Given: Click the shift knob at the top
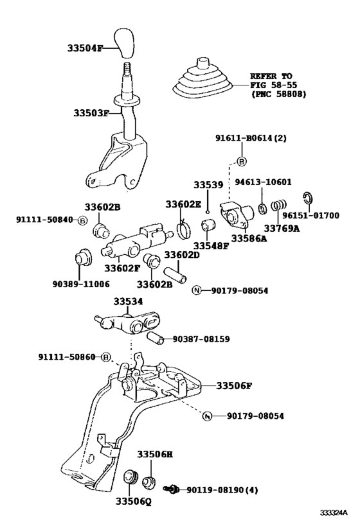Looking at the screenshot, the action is [124, 44].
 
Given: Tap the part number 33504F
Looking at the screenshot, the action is [85, 48].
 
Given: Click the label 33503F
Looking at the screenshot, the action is [91, 113].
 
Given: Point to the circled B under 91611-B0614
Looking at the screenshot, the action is [242, 161].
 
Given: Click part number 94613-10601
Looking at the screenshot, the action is [263, 182].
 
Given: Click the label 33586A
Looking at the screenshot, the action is [249, 238].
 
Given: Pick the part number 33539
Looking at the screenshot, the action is [208, 185].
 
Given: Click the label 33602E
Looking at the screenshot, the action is [183, 204].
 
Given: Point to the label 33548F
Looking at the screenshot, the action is [211, 246].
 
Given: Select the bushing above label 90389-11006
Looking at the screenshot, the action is [82, 258].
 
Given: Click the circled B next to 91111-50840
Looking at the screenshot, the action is [82, 220].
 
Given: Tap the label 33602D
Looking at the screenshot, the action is [182, 255].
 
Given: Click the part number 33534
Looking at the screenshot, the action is [128, 302].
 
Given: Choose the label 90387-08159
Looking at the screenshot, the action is [201, 339].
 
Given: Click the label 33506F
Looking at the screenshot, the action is [234, 386].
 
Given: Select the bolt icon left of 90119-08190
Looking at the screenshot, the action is [171, 489].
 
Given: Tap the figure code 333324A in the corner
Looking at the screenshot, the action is [333, 513].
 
